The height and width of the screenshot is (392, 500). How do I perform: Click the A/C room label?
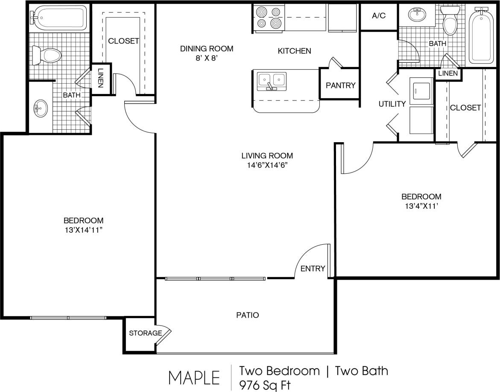tap(379, 16)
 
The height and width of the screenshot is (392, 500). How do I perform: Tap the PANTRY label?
tap(340, 85)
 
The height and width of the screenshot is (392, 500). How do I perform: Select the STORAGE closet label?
tap(145, 333)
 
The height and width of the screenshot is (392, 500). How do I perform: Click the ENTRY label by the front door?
tap(313, 269)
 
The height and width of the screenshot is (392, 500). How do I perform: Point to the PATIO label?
tap(248, 315)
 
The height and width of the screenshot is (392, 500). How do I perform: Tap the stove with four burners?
tap(269, 18)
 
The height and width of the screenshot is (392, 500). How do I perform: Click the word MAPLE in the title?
tap(194, 377)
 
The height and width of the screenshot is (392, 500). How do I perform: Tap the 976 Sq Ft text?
tap(265, 385)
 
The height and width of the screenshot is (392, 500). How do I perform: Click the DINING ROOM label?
tap(207, 49)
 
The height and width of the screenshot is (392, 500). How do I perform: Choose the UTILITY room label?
tap(392, 104)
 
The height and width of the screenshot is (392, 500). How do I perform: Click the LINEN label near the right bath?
tap(447, 73)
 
